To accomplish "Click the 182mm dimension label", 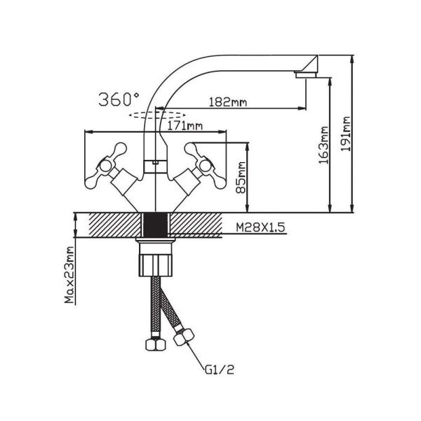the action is pyautogui.click(x=227, y=102).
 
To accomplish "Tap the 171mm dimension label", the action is pyautogui.click(x=185, y=126).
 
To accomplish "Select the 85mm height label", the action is pyautogui.click(x=241, y=178).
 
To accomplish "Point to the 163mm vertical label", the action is pyautogui.click(x=323, y=145).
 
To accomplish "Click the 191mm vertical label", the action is pyautogui.click(x=345, y=134).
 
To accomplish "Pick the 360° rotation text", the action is pyautogui.click(x=119, y=100).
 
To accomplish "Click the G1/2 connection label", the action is pyautogui.click(x=220, y=370).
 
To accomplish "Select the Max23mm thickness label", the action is pyautogui.click(x=69, y=274).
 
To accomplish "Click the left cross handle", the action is pyautogui.click(x=105, y=166).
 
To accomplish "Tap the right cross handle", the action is pyautogui.click(x=206, y=166).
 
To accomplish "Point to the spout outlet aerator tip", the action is pyautogui.click(x=306, y=74).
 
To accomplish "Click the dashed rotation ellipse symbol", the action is pyautogui.click(x=157, y=115).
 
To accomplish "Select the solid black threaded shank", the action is pyautogui.click(x=156, y=225).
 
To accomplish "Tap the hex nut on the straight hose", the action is pyautogui.click(x=156, y=345).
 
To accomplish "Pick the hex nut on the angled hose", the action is pyautogui.click(x=184, y=336).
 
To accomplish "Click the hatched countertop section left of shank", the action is pyautogui.click(x=115, y=225).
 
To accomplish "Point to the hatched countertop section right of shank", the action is pyautogui.click(x=196, y=225).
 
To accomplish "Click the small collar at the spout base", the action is pyautogui.click(x=156, y=166).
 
